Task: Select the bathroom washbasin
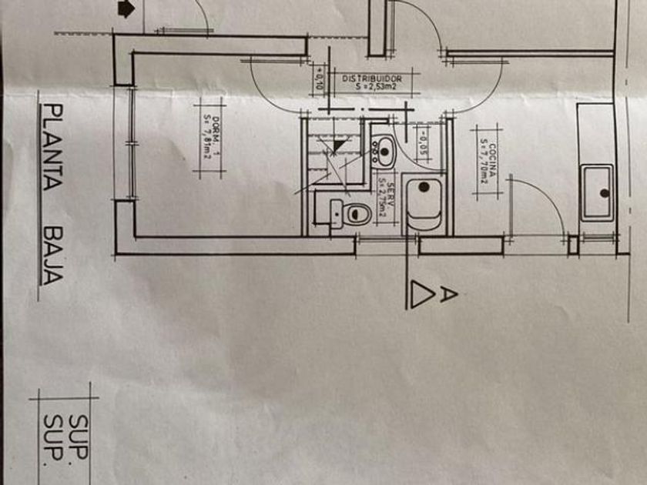pos(383,151)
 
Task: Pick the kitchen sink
pos(598,192)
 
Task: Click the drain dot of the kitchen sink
pos(605,192)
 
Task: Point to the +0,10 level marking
pos(319,78)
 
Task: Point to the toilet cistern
pos(337,212)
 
